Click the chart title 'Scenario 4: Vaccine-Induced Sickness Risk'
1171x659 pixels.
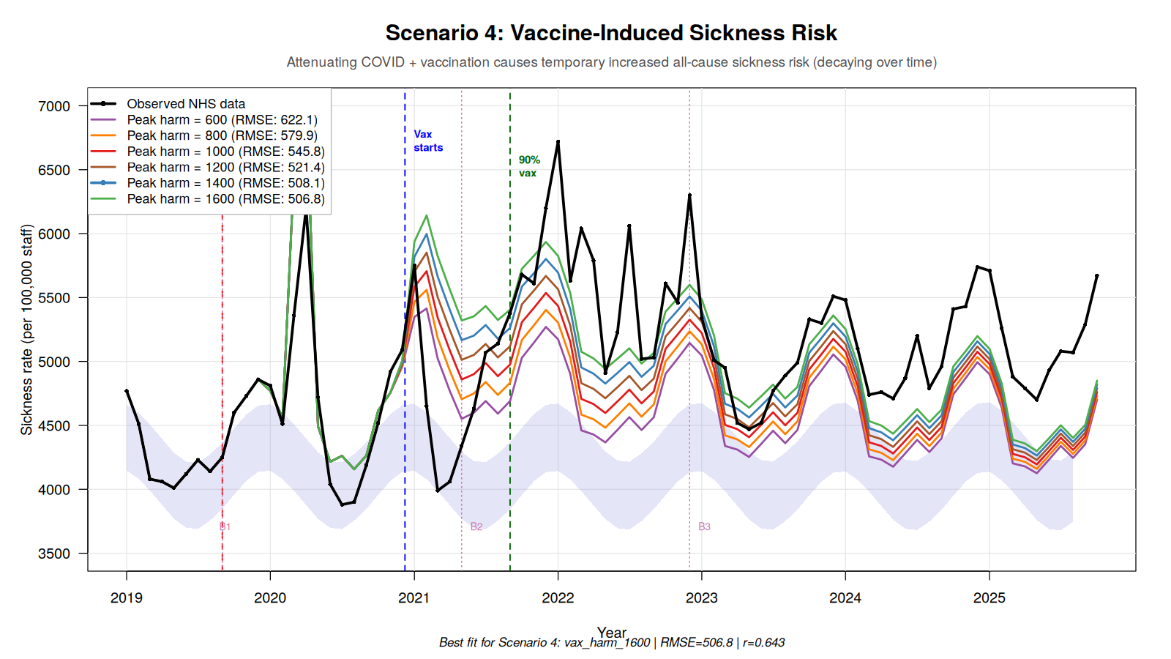coord(611,33)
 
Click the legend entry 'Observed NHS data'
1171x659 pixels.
coord(186,104)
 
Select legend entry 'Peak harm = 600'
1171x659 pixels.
coord(222,120)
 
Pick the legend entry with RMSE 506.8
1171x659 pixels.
coord(225,199)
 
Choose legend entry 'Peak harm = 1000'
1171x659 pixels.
coord(225,152)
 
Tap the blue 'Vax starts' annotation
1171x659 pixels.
coord(427,141)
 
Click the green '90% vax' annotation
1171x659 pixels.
coord(528,166)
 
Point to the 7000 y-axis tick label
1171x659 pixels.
coord(54,106)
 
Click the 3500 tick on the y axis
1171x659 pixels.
coord(54,554)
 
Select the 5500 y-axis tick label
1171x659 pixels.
coord(54,298)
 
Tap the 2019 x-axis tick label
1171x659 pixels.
coord(127,597)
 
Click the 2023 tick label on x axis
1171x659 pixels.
coord(702,597)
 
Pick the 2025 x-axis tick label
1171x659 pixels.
coord(989,597)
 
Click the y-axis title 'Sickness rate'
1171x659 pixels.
coord(27,329)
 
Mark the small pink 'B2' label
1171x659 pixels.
coord(476,526)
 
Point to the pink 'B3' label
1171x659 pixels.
coord(704,526)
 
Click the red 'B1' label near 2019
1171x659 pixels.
coord(225,526)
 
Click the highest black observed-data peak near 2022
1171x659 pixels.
coord(558,141)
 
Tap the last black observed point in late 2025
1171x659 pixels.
coord(1096,276)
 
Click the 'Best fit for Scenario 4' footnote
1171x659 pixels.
coord(611,642)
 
